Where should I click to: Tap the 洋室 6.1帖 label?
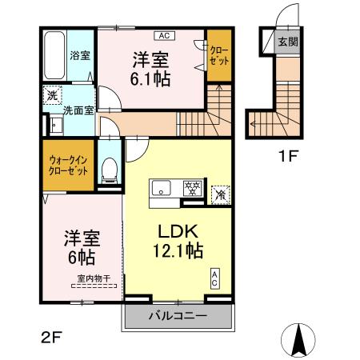[150, 67]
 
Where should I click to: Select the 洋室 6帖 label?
[81, 247]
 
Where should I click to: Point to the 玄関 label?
[287, 42]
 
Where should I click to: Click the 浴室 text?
[79, 57]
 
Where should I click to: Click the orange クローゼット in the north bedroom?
[217, 56]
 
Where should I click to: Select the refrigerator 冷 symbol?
[219, 192]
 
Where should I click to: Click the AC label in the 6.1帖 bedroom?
[164, 35]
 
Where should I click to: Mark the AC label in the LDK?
[214, 278]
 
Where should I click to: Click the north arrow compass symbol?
[301, 341]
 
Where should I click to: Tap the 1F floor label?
[287, 156]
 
